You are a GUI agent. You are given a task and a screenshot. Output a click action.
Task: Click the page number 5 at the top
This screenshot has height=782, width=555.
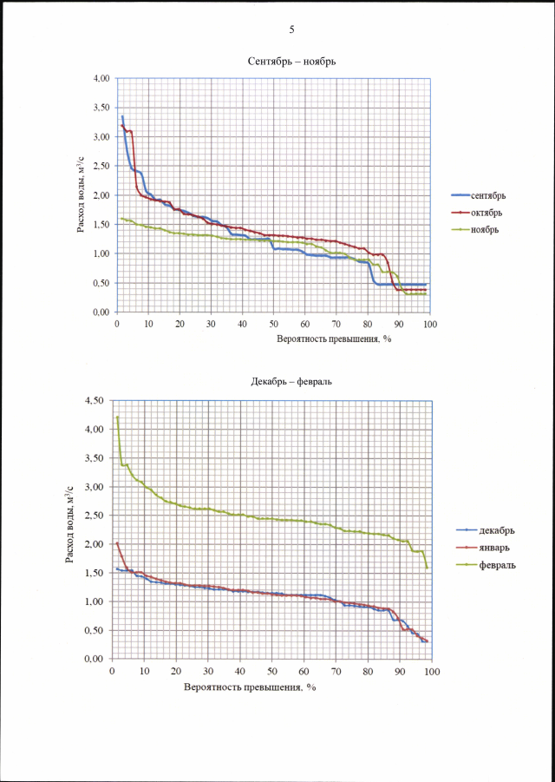(x=291, y=30)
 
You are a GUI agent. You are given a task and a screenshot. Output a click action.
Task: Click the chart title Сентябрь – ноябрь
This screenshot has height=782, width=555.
(x=291, y=62)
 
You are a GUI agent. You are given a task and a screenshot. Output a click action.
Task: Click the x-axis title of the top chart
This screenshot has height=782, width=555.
(x=335, y=338)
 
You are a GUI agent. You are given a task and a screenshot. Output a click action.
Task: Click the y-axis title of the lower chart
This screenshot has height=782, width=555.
(x=71, y=529)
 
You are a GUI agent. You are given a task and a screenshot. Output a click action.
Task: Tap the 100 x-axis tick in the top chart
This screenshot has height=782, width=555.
(x=430, y=323)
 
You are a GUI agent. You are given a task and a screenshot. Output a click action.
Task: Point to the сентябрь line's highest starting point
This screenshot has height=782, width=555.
(x=122, y=116)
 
